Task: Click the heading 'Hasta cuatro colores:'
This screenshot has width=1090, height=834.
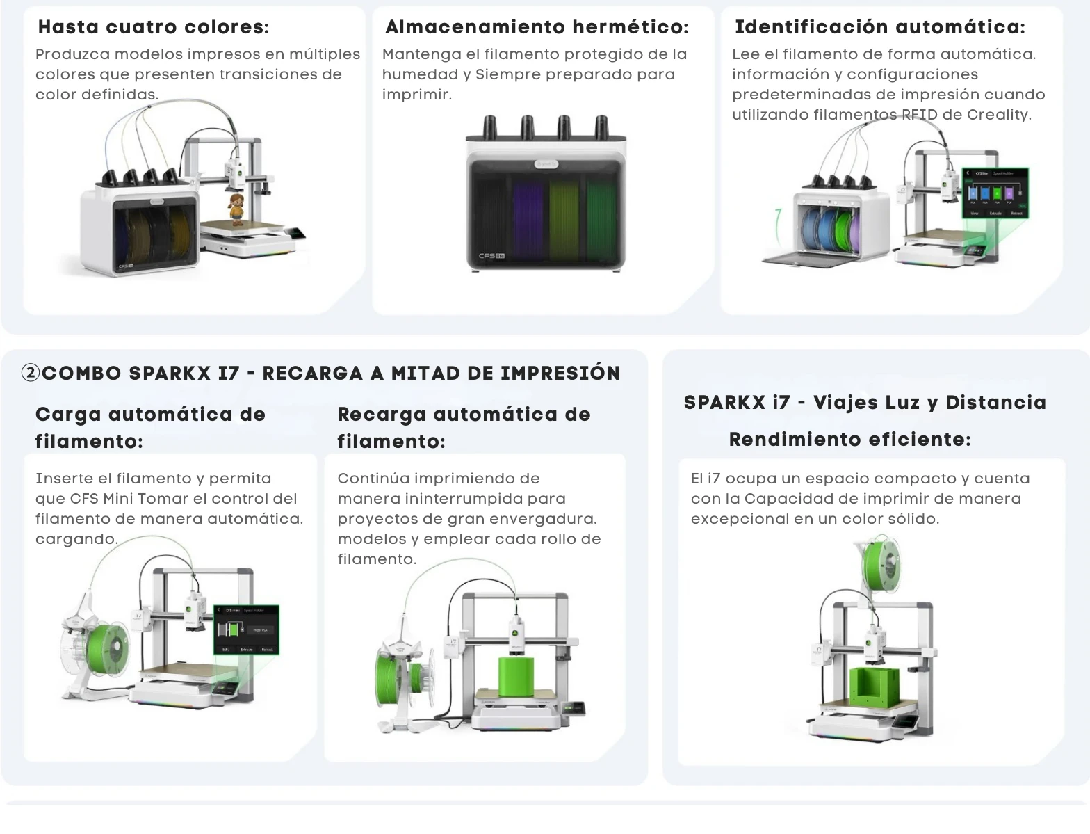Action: [x=154, y=27]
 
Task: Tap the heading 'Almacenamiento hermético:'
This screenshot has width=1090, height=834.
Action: [x=537, y=27]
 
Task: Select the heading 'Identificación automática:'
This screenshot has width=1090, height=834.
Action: [x=879, y=27]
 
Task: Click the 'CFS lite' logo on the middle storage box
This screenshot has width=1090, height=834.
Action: [x=491, y=256]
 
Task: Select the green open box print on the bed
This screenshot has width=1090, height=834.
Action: [x=877, y=691]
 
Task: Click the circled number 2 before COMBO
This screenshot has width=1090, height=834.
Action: [x=31, y=374]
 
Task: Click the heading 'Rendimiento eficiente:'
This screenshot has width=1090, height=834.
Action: [x=849, y=440]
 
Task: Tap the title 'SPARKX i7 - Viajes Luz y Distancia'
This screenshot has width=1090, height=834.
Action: [x=865, y=403]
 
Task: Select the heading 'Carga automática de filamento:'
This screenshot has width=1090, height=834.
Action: [x=150, y=427]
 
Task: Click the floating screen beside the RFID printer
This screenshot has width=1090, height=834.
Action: [x=995, y=193]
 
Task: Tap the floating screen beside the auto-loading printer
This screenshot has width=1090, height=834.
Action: [x=245, y=629]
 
